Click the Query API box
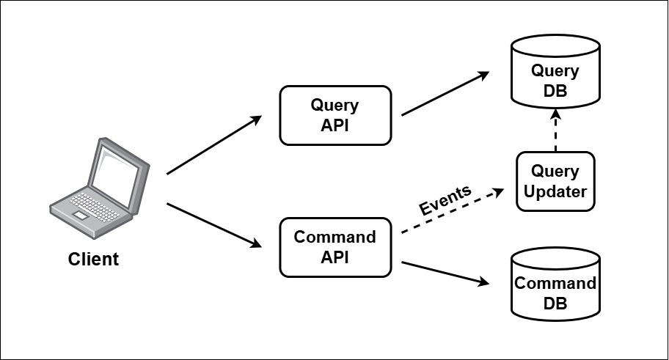point(334,115)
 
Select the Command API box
point(334,247)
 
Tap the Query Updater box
point(555,181)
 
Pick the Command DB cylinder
point(555,286)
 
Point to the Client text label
point(93,259)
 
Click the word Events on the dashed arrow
point(445,200)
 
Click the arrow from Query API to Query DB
point(445,94)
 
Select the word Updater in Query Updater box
point(555,191)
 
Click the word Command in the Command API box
point(334,238)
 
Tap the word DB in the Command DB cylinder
point(555,303)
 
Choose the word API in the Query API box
point(334,125)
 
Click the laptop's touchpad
point(78,214)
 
